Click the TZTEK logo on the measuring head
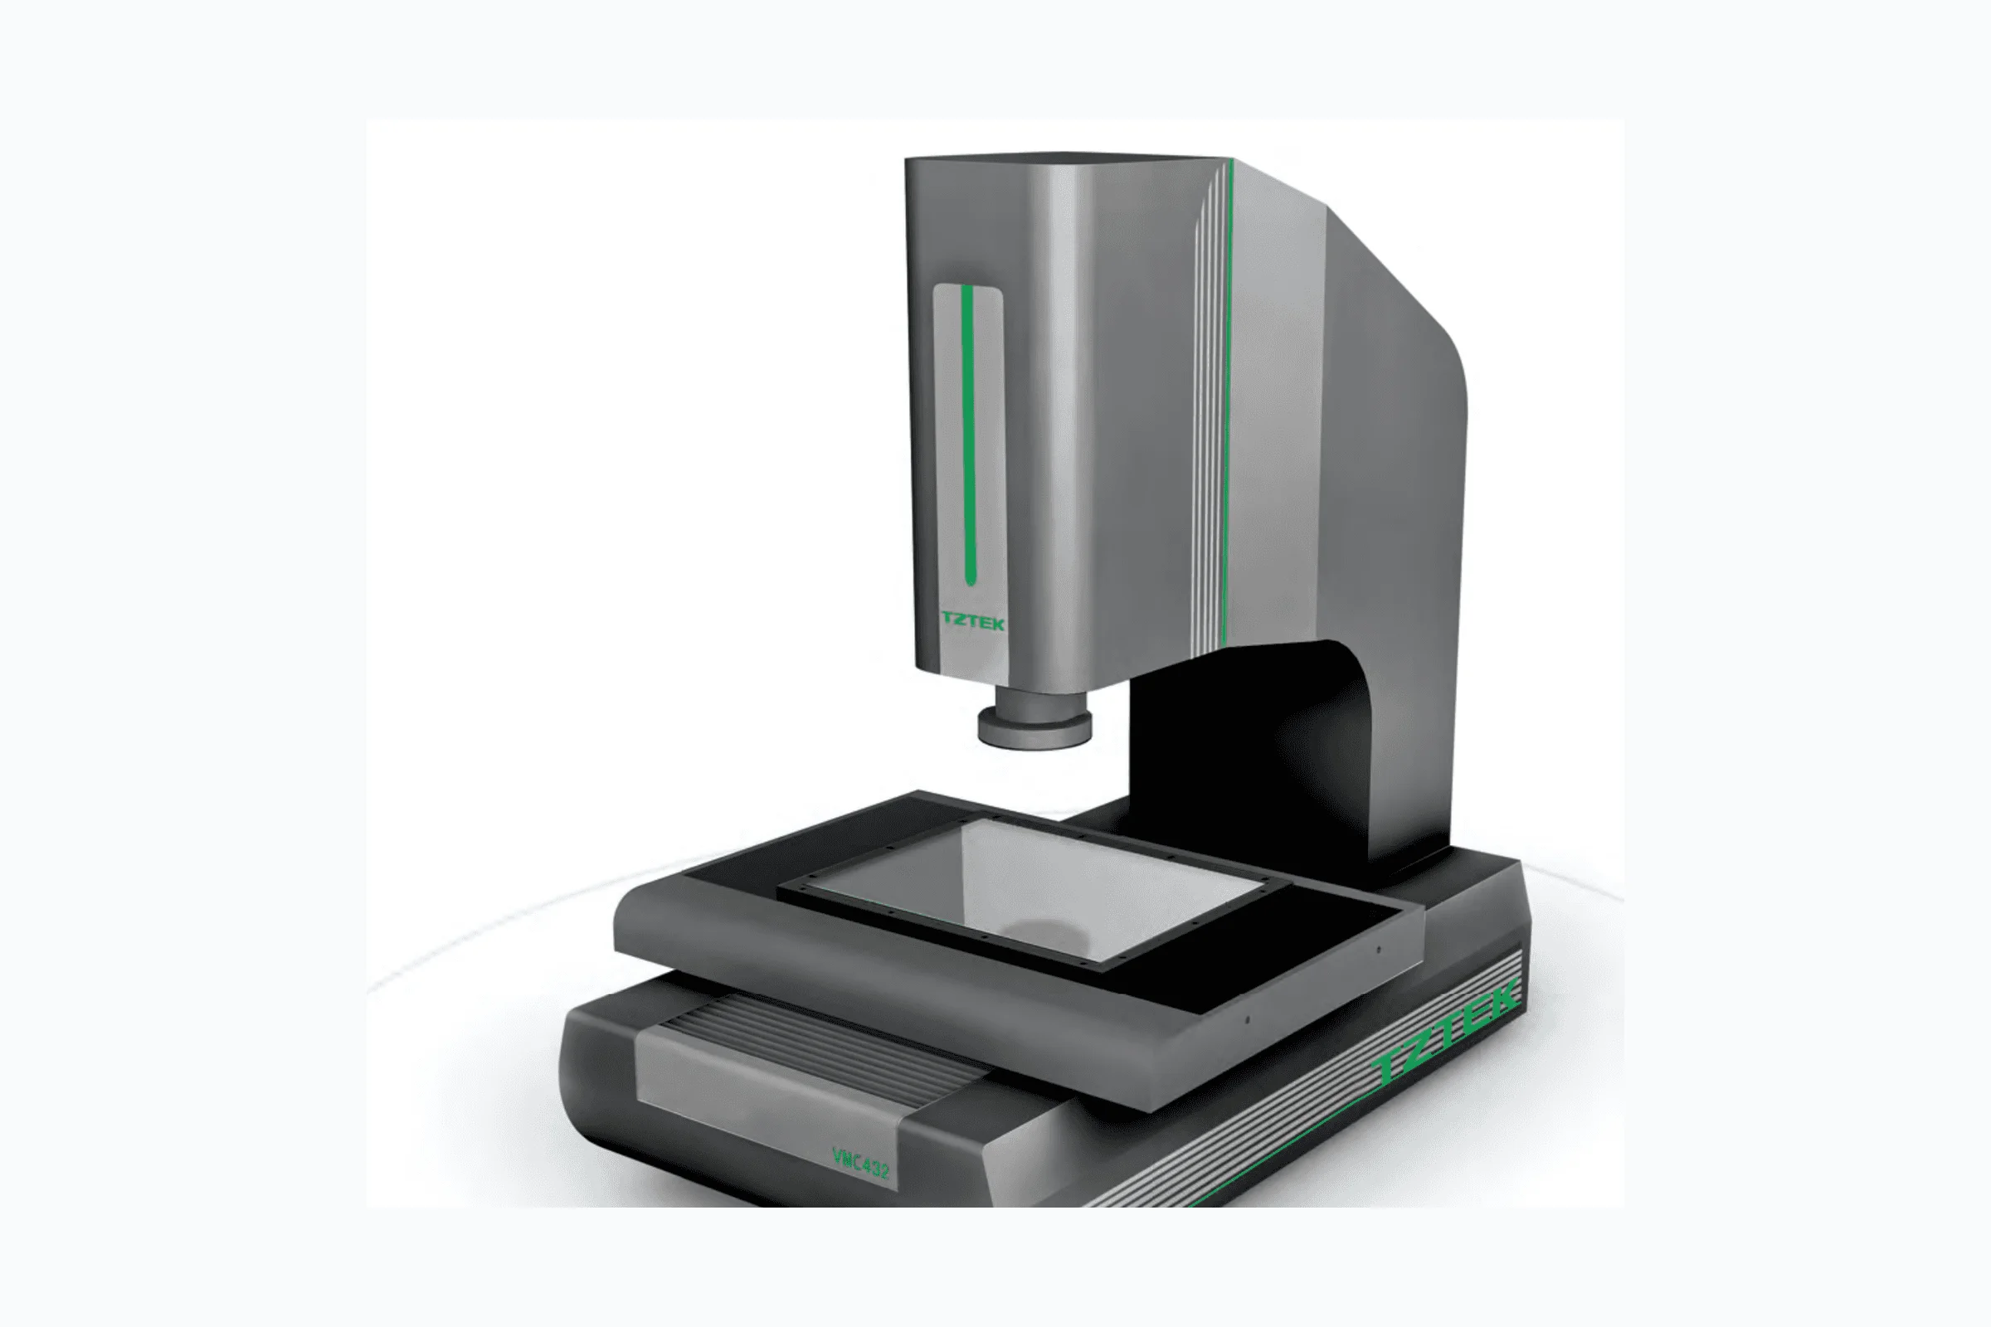(x=972, y=622)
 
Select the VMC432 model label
(x=860, y=1163)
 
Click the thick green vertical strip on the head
(x=968, y=435)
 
